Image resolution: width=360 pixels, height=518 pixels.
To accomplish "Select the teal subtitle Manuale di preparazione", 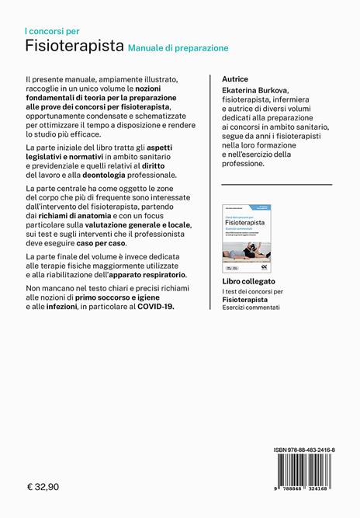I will click(x=178, y=48).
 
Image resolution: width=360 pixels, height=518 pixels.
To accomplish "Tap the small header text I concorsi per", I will click(x=52, y=31).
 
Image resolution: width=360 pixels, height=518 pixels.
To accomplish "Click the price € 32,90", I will click(x=47, y=488).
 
